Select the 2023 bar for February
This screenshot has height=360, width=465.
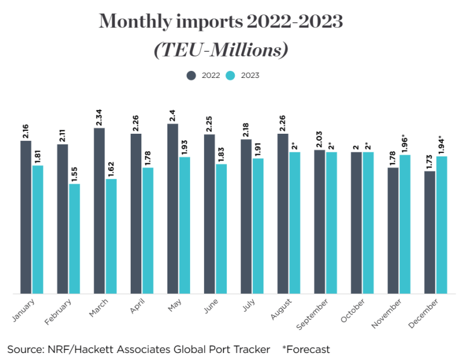point(74,238)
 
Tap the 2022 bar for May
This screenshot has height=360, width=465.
point(173,208)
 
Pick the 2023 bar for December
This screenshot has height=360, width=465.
point(442,224)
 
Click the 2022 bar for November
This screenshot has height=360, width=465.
point(393,230)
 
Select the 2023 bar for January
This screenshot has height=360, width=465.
point(38,229)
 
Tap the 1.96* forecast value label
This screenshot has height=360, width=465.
point(405,142)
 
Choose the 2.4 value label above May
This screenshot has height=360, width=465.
point(173,115)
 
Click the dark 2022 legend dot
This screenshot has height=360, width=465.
point(191,75)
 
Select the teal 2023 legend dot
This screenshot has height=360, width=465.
point(230,75)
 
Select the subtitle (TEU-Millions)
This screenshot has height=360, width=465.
point(221,50)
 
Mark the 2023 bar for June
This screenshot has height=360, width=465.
point(221,229)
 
